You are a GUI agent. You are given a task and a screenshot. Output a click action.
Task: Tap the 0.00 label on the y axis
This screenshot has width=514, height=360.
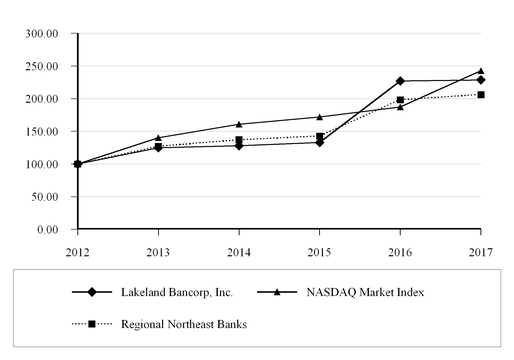click(49, 230)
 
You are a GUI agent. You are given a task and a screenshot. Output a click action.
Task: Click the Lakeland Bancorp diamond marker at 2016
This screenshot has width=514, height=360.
click(400, 81)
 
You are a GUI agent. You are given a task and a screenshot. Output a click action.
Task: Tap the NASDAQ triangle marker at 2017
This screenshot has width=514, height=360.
click(481, 71)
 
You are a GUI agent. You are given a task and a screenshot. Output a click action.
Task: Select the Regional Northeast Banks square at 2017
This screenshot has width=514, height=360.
click(481, 95)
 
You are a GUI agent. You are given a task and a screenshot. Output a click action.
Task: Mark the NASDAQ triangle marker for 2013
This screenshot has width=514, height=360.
click(158, 138)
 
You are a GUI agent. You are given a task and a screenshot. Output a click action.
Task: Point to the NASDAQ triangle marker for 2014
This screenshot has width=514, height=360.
click(239, 124)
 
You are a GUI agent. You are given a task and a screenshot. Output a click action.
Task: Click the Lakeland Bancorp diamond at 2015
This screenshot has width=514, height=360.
click(319, 142)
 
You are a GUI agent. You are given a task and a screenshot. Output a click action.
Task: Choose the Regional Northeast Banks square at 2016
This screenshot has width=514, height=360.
click(400, 100)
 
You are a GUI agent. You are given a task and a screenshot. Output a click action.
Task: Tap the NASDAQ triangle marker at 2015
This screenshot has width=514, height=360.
click(319, 117)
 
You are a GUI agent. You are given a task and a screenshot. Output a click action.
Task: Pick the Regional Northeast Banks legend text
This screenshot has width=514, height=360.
click(184, 324)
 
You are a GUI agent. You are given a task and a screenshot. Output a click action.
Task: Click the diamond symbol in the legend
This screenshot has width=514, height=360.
click(91, 292)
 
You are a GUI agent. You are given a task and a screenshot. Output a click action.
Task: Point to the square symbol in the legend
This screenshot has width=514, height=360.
click(91, 324)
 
